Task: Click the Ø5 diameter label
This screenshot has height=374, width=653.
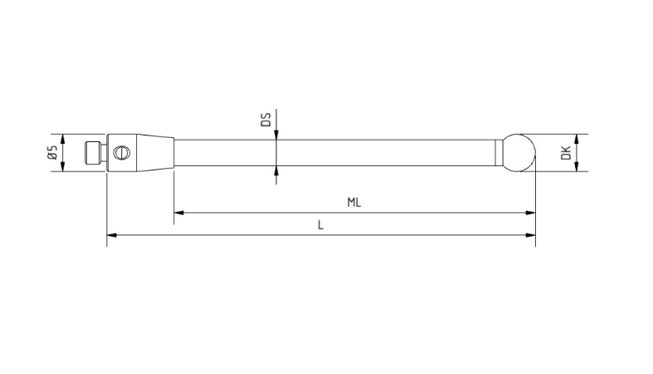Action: click(52, 153)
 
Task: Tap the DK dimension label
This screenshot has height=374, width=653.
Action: click(565, 153)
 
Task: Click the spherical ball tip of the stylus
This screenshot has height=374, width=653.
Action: click(517, 153)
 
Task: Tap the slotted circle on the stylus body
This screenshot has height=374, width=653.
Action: click(123, 153)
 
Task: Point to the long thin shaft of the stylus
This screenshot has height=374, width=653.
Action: click(332, 153)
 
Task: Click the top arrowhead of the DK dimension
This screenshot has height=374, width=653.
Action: click(577, 139)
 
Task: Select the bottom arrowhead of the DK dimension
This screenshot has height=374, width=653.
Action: click(577, 167)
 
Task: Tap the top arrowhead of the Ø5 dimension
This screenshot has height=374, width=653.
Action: click(63, 138)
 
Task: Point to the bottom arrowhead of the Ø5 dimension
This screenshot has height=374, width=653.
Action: click(63, 168)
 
